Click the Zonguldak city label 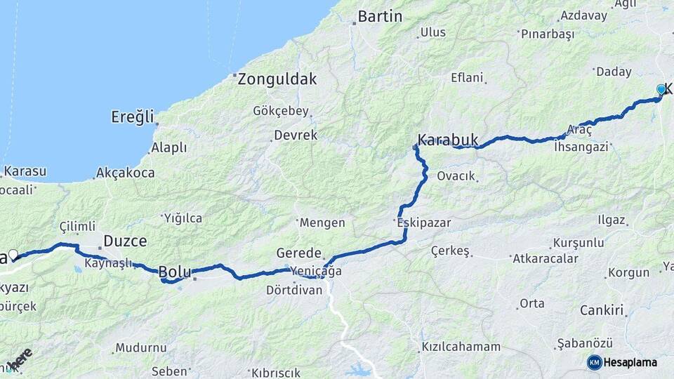pos(277,79)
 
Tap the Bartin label pos(380,16)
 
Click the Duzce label pos(125,241)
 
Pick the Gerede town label pos(298,253)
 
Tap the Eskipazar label pos(423,222)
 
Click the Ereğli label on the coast pos(132,117)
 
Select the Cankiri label pos(602,310)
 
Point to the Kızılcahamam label pos(461,347)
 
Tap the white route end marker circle pos(13,254)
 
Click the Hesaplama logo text pos(630,362)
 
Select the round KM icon pos(594,362)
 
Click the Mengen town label pos(322,222)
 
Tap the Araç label pos(579,130)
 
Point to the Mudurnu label pos(140,347)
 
